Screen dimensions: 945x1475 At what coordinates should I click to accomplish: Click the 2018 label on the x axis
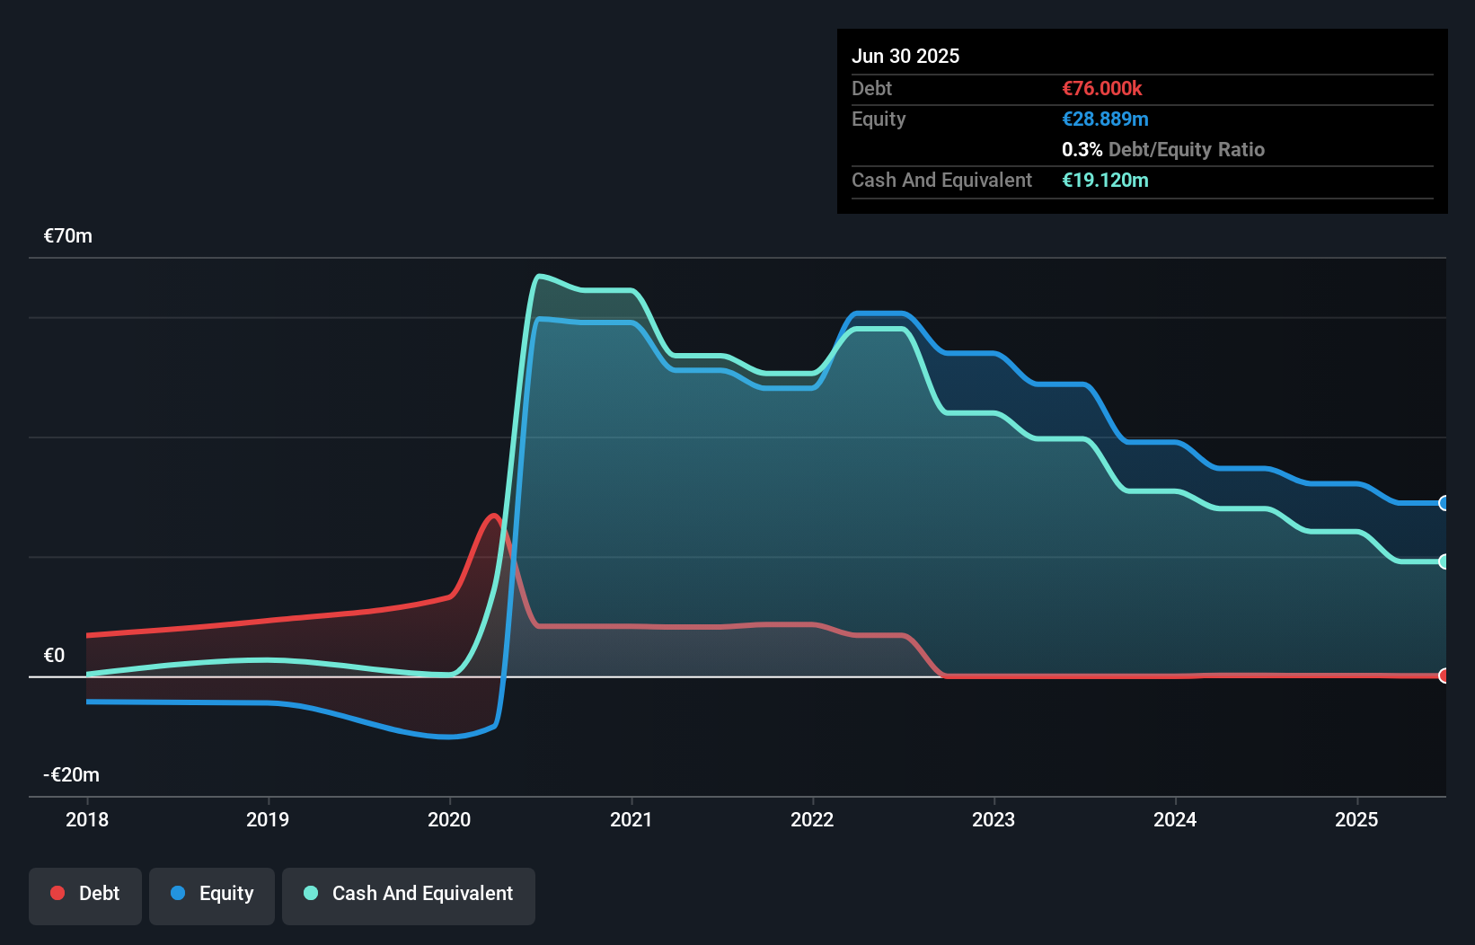coord(87,819)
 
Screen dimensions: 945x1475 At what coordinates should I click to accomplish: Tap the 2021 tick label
coord(631,819)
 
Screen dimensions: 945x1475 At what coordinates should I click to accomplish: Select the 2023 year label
coord(994,819)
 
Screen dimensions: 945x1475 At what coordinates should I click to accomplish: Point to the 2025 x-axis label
coord(1356,819)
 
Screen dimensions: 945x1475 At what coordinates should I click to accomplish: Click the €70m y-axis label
coord(68,236)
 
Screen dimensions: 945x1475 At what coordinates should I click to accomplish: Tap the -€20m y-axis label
coord(71,774)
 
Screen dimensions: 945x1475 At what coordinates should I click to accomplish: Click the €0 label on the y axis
coord(54,655)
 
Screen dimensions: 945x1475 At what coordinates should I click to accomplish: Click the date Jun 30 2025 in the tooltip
coord(905,56)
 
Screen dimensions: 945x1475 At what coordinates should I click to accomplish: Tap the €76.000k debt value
coord(1101,88)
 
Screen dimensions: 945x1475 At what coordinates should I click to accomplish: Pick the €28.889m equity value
coord(1105,119)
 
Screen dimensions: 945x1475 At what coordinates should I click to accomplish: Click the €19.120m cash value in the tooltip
coord(1105,180)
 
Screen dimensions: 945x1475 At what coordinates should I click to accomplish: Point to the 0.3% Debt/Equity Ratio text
coord(1162,149)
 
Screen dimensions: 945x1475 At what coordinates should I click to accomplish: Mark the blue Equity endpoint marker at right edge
coord(1444,503)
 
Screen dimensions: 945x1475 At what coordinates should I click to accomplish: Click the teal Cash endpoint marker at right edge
coord(1444,561)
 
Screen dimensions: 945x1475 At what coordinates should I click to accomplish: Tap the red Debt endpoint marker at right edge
coord(1444,676)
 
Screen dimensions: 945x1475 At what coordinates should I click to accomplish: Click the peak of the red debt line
coord(493,516)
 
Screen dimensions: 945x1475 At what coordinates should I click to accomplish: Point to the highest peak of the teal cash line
coord(538,276)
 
